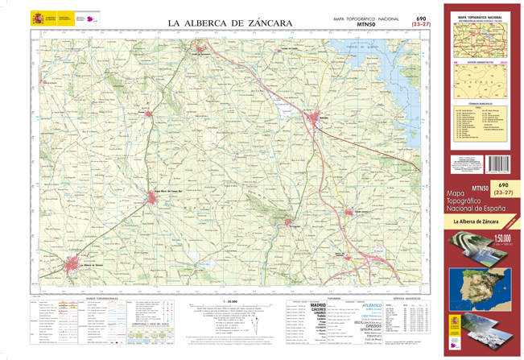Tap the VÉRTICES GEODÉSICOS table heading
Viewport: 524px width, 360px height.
(x=411, y=296)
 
